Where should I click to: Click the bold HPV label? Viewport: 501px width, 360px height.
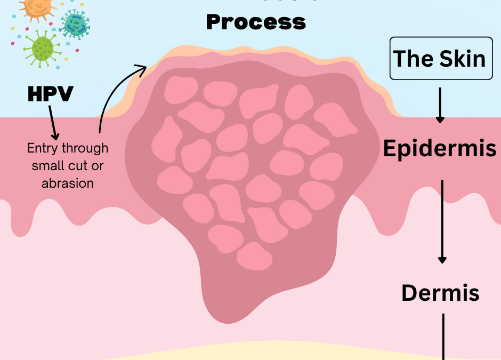pyautogui.click(x=50, y=94)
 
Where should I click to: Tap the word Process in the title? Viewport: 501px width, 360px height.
pyautogui.click(x=256, y=22)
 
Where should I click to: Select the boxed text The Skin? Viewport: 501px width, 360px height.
pyautogui.click(x=440, y=59)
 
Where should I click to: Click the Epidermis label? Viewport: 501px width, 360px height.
pyautogui.click(x=440, y=149)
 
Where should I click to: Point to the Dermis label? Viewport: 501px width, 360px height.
pyautogui.click(x=440, y=292)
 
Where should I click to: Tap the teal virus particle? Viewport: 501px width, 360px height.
pyautogui.click(x=75, y=23)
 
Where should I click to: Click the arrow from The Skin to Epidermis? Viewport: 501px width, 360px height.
pyautogui.click(x=440, y=105)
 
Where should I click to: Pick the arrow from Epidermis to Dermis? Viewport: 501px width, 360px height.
pyautogui.click(x=442, y=221)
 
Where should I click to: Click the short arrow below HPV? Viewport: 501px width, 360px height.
pyautogui.click(x=53, y=123)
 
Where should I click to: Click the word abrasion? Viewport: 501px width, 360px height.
pyautogui.click(x=67, y=183)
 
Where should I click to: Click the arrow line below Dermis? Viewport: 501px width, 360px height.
pyautogui.click(x=443, y=336)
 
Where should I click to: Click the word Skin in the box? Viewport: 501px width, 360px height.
pyautogui.click(x=463, y=59)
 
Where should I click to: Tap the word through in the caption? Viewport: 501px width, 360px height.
pyautogui.click(x=84, y=148)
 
